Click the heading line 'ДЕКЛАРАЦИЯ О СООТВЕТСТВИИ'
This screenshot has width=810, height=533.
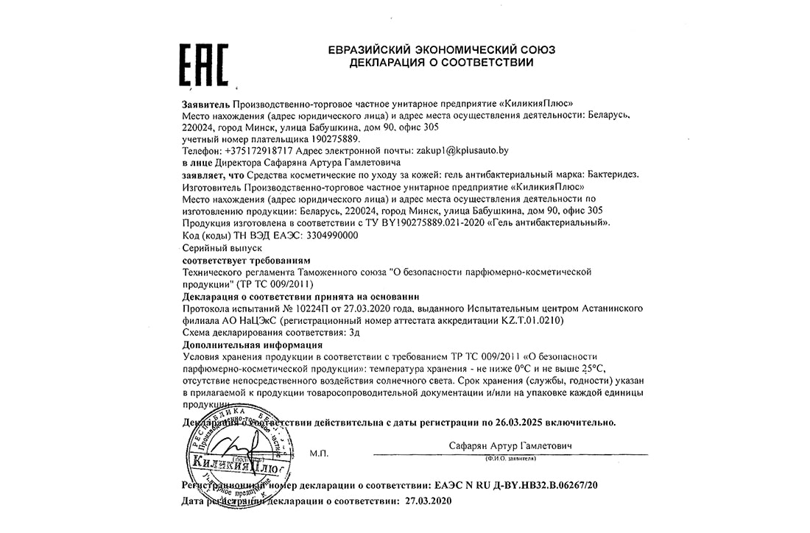441,63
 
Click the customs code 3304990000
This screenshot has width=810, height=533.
328,235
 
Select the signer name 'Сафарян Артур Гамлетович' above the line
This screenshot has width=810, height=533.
510,447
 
